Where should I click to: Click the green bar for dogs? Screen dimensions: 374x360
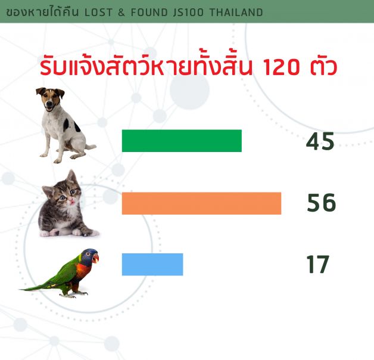182,141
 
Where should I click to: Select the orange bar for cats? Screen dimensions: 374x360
201,203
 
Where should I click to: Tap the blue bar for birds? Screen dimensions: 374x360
152,264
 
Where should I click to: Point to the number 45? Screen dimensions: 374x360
320,142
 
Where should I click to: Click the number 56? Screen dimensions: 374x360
321,203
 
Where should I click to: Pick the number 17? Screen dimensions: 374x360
318,264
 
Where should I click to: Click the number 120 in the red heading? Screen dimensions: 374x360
281,67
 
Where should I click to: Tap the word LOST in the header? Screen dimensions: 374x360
98,13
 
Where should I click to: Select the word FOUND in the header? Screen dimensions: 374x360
149,13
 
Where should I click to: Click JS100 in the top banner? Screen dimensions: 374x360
188,13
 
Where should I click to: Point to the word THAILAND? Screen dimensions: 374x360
236,13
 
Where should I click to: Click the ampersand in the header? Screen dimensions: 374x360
121,13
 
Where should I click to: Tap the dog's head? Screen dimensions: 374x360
51,99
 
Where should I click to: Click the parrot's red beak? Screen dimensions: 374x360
96,258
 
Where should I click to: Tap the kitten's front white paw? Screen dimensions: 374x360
77,232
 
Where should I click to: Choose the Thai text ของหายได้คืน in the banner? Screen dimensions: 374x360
42,12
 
